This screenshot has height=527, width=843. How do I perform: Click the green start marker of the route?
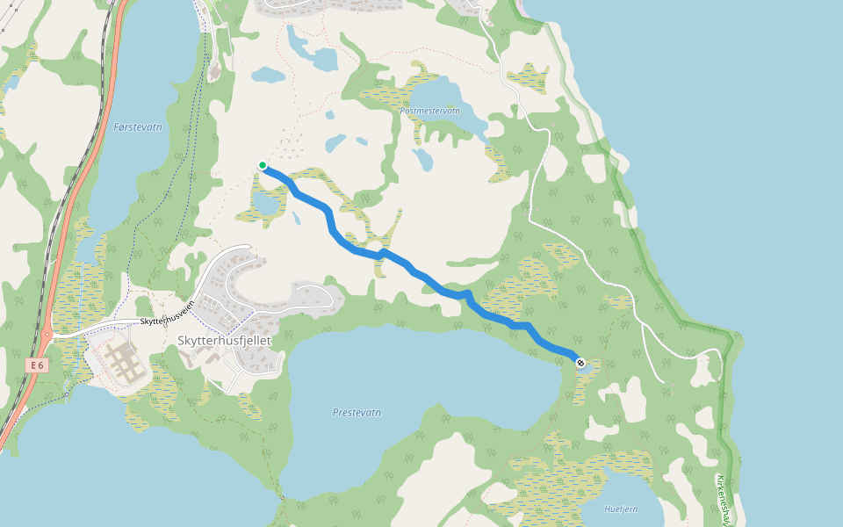point(262,165)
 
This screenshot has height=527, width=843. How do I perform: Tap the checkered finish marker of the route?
point(580,362)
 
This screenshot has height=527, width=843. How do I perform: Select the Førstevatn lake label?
point(138,127)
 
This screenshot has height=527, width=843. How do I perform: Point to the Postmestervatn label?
point(429,112)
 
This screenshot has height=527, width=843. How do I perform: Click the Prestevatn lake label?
point(357,412)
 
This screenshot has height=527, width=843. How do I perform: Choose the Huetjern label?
point(622,509)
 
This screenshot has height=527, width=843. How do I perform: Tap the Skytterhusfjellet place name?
point(224,340)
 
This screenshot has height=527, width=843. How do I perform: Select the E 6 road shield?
point(35,365)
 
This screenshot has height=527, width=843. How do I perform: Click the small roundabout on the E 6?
point(46,335)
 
